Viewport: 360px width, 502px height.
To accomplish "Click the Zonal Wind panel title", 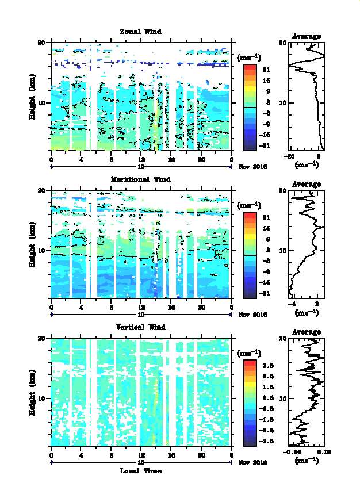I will point(140,31).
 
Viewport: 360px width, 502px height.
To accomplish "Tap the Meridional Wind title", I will point(140,179).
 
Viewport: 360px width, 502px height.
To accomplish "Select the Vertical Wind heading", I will point(140,327).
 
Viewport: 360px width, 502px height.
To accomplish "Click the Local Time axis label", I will point(140,471).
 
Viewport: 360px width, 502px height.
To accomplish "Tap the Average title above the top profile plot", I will point(307,36).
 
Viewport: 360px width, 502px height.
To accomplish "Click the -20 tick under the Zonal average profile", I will point(290,156).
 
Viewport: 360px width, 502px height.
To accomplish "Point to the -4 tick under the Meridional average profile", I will point(292,304).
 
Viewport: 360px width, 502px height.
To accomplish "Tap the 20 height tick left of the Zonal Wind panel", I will point(41,43).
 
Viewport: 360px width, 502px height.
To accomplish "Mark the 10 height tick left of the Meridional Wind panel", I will point(41,251).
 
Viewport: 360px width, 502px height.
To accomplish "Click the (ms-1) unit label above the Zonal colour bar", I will point(249,57).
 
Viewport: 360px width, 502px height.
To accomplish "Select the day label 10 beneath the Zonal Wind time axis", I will point(140,167).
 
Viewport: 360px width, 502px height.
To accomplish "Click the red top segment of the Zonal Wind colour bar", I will point(250,68).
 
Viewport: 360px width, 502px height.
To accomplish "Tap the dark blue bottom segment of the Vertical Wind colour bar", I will point(250,442).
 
